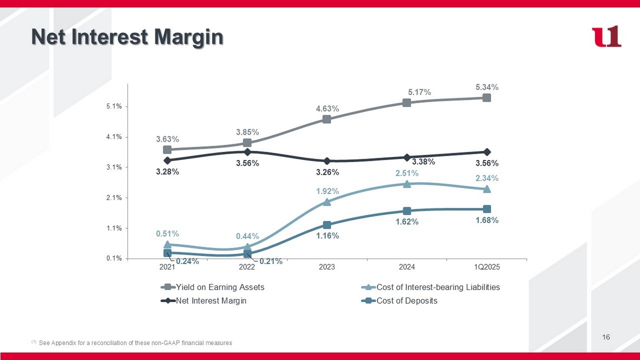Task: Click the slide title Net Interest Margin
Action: [x=127, y=37]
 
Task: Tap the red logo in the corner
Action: [x=606, y=37]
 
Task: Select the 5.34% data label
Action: [x=487, y=87]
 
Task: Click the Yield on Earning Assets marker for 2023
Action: [x=327, y=119]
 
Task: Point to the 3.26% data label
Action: [x=327, y=172]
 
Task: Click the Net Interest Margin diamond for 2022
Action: [x=247, y=152]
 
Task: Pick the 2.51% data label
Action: [x=407, y=173]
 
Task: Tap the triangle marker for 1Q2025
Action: [x=487, y=189]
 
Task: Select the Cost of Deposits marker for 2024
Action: [x=407, y=211]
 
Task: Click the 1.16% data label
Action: [x=327, y=236]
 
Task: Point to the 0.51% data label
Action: [x=167, y=234]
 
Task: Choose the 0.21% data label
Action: [x=271, y=261]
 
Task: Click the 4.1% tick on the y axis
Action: [x=114, y=137]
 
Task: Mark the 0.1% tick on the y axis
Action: [x=114, y=258]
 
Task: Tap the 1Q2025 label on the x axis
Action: [x=487, y=267]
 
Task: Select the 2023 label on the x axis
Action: [x=327, y=267]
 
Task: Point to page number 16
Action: [x=606, y=337]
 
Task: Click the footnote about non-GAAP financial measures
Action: [x=135, y=343]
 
